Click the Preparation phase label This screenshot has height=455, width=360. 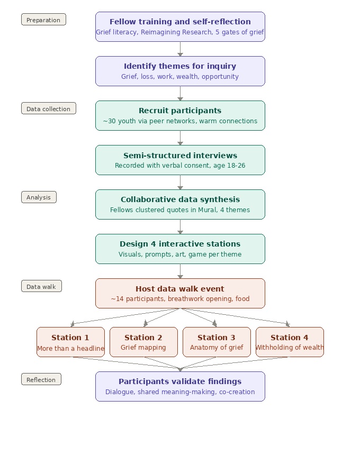43,20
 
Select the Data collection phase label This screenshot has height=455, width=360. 49,108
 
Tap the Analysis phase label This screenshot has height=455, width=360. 39,197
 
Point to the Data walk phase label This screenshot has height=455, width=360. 41,286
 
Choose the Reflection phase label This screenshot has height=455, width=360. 41,379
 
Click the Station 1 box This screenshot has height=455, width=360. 70,342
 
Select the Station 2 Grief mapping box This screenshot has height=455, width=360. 143,342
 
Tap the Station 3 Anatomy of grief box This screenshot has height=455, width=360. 217,342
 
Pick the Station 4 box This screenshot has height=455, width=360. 290,342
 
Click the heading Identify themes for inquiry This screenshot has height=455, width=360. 180,66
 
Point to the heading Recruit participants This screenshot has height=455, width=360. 180,111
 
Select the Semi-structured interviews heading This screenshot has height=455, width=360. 180,155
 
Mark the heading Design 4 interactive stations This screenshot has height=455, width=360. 180,244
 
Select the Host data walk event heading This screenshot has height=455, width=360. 180,289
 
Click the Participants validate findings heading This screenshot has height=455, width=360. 180,381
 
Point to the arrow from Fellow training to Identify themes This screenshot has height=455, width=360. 181,49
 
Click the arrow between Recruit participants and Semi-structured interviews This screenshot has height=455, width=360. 181,138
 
